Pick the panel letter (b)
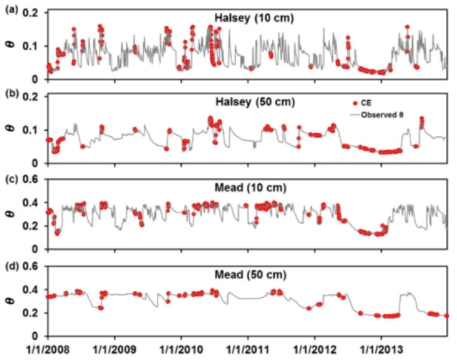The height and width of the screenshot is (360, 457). pos(10,94)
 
